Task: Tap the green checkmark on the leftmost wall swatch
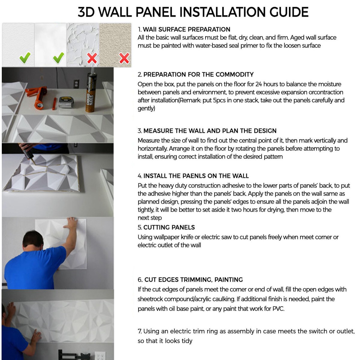[25, 57]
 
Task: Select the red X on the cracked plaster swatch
[92, 58]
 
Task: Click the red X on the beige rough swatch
[124, 58]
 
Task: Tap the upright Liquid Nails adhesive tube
[90, 91]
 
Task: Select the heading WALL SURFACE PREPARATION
[186, 29]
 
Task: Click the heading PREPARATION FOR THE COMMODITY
[198, 74]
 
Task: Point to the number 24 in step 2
[259, 84]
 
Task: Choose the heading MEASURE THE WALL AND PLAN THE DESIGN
[210, 131]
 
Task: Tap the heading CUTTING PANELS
[169, 227]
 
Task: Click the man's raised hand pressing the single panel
[72, 224]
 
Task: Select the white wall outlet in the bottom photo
[100, 356]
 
